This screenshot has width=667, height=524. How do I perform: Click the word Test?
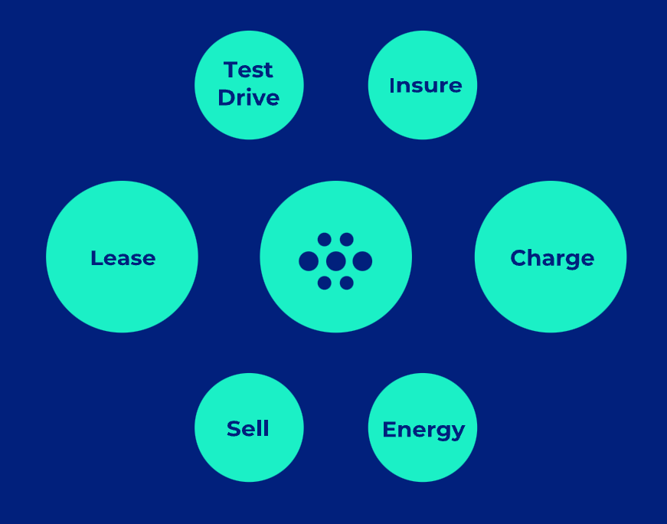click(x=248, y=70)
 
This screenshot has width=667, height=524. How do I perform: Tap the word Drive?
click(x=248, y=98)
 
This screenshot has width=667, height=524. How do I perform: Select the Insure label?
click(x=425, y=86)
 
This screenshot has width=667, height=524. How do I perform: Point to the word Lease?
click(x=123, y=258)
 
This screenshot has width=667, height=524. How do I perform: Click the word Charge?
click(x=552, y=258)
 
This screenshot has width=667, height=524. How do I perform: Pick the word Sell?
click(x=248, y=429)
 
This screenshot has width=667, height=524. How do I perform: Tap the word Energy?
click(x=423, y=431)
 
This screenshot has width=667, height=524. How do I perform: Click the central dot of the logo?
click(x=335, y=261)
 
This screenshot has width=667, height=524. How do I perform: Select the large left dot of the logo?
click(x=309, y=261)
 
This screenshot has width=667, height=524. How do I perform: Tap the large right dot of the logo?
click(x=362, y=261)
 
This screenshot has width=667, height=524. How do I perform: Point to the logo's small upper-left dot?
click(x=325, y=240)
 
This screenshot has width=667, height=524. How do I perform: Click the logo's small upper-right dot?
click(x=347, y=240)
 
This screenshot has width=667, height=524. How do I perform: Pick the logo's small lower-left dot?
click(x=325, y=283)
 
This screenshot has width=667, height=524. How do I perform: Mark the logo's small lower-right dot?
click(x=347, y=283)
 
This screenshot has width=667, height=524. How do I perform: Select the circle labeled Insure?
click(x=423, y=115)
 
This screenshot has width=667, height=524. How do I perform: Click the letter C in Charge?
click(x=518, y=258)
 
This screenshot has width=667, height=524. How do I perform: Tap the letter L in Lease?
click(x=96, y=258)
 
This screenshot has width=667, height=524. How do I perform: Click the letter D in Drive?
click(x=226, y=98)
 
